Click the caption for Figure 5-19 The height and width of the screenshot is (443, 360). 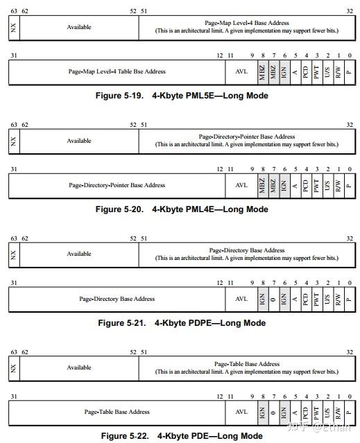tap(182, 96)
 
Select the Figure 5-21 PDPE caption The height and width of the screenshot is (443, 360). tap(182, 322)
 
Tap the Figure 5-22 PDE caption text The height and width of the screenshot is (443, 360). tap(182, 436)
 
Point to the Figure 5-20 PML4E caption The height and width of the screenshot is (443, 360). tap(182, 209)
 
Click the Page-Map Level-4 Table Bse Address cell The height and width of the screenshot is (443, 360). tap(117, 71)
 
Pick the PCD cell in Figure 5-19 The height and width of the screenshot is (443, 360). tap(305, 71)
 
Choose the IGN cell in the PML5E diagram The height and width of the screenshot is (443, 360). tap(284, 71)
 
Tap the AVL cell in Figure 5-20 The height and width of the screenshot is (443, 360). tap(241, 185)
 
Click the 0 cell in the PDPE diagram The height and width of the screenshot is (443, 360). tap(273, 299)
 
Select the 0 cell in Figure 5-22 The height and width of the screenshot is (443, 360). tap(273, 412)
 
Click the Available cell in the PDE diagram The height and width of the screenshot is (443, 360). tap(79, 367)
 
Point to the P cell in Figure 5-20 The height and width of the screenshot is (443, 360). tap(348, 185)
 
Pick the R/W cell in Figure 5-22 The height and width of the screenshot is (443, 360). tap(338, 412)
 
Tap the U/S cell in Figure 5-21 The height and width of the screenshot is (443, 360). tap(327, 299)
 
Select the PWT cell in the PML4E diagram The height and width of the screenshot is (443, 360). tap(316, 185)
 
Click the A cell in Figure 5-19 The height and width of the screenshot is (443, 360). tap(295, 71)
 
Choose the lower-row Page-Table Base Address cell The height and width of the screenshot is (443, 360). tap(117, 412)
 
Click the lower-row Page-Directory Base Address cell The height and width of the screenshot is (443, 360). tap(117, 299)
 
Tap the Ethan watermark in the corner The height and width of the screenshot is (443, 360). tap(326, 427)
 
